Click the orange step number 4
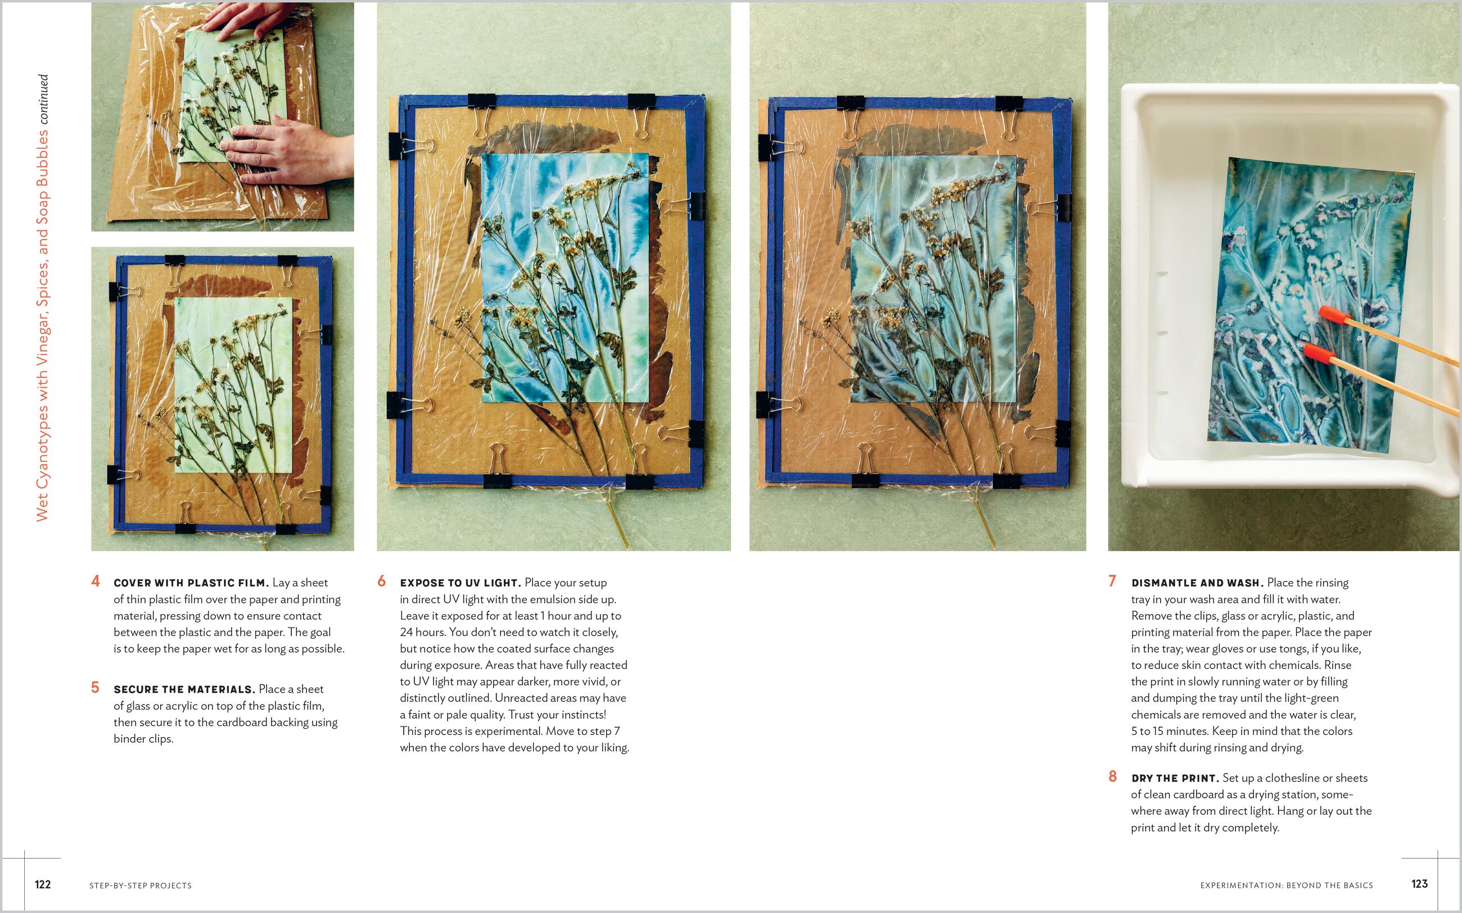coord(96,582)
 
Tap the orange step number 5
coord(96,688)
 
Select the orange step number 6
coord(381,582)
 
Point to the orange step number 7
coord(1112,582)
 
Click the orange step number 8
coord(1112,776)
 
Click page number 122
coord(43,884)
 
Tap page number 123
coord(1419,884)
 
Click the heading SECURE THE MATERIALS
coord(184,689)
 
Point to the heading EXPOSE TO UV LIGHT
coord(460,583)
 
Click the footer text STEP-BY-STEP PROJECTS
coord(141,886)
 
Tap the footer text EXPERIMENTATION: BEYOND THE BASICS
coord(1286,886)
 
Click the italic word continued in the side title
coord(42,99)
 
